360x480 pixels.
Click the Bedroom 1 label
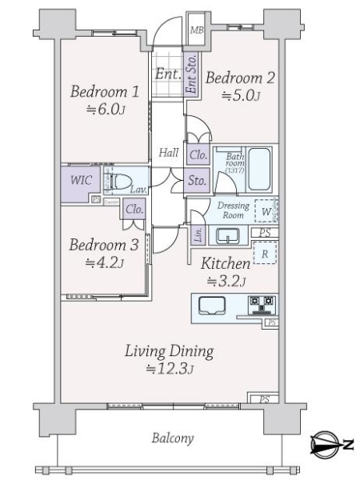105,92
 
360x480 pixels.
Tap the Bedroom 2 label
241,78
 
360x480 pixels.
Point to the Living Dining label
168,350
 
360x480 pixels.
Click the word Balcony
172,439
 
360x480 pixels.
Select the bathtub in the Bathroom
260,167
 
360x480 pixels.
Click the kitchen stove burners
262,305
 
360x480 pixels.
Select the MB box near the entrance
196,30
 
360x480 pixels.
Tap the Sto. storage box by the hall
198,180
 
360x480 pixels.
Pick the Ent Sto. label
191,74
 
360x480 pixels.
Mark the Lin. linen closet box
196,234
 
